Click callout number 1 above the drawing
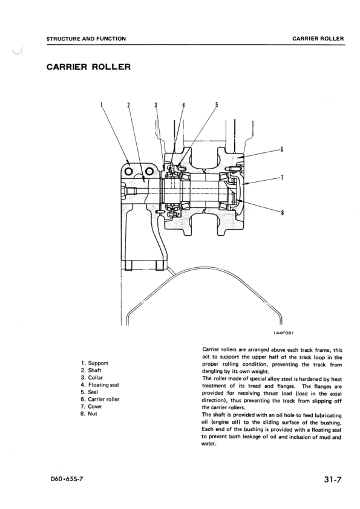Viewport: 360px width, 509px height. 102,105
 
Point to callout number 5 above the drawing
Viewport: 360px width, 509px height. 217,105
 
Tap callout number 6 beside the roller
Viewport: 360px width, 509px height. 282,149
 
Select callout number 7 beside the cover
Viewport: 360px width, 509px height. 282,177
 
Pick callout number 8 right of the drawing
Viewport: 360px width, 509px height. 282,213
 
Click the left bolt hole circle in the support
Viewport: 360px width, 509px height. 128,172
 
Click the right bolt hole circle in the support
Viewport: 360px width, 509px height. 150,172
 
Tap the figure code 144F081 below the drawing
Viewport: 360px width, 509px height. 284,332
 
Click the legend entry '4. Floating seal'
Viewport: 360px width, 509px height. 100,384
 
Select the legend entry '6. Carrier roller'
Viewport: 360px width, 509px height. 100,399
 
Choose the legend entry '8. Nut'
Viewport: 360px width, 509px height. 89,413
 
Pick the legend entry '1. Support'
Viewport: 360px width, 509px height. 94,363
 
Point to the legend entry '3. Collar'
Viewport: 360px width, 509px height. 92,378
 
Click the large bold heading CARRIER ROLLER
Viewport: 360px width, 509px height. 89,67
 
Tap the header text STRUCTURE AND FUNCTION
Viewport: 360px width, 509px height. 86,39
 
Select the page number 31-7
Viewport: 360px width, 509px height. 333,479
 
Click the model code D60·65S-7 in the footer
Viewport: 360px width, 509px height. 65,479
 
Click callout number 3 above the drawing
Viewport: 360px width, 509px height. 155,105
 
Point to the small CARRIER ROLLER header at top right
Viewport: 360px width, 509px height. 318,39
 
